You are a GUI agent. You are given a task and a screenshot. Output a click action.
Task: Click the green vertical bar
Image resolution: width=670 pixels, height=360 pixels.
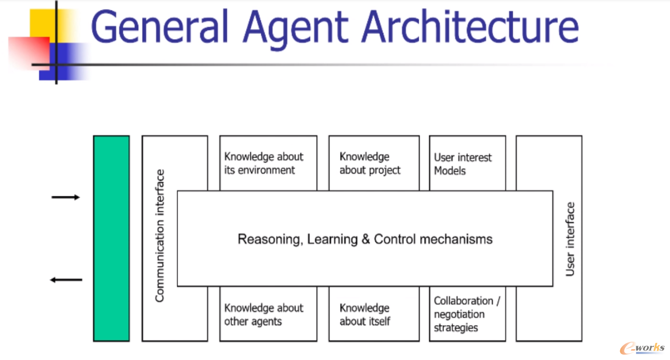point(111,238)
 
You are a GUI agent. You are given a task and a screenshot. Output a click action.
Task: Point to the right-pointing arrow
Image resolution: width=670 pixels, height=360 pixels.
point(65,197)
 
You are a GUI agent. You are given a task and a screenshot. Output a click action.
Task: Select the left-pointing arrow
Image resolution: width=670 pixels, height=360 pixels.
point(66,280)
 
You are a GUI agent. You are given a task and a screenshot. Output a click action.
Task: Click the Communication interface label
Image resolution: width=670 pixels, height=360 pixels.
point(160,235)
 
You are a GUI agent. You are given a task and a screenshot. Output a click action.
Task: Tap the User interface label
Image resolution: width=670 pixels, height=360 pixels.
point(570,239)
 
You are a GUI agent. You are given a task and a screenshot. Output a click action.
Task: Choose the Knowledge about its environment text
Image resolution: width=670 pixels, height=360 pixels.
point(263,164)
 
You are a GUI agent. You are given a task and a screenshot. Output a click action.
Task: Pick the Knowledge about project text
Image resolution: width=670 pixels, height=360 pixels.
point(370,164)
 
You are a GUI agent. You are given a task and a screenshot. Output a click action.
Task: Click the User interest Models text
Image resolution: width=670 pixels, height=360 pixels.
point(463,164)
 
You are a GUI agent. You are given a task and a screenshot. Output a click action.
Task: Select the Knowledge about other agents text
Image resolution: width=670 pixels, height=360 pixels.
point(263,315)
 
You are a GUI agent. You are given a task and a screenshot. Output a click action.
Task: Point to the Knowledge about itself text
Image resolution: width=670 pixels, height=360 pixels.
point(365,315)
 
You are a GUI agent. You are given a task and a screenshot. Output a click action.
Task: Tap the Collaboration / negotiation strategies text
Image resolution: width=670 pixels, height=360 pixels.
point(466,314)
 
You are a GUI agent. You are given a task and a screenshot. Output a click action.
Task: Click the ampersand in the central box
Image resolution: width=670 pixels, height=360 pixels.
point(366,239)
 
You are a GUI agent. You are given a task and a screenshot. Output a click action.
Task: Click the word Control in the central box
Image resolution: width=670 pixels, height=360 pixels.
point(395,239)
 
